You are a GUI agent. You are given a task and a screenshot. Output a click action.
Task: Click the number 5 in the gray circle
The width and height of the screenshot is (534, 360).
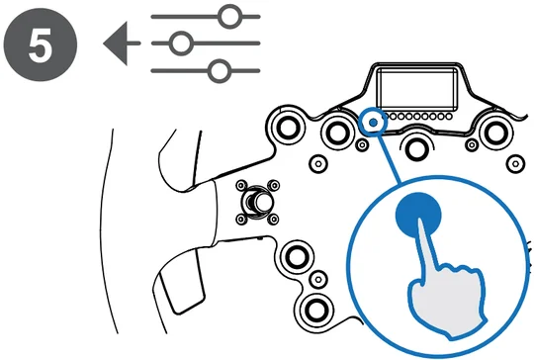[x=41, y=45]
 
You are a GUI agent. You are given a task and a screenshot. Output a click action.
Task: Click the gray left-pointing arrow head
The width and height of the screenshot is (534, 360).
[x=116, y=44]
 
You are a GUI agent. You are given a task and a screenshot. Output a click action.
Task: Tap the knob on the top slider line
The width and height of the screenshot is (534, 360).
[x=229, y=17]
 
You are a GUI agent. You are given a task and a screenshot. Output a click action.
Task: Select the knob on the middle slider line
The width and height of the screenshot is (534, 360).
[x=181, y=44]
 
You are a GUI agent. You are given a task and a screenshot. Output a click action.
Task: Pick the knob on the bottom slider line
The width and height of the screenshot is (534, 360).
[x=220, y=71]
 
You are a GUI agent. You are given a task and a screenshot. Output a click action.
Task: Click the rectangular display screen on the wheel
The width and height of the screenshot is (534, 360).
[x=417, y=88]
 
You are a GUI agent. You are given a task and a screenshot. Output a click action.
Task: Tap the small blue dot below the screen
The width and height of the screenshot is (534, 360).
[x=374, y=123]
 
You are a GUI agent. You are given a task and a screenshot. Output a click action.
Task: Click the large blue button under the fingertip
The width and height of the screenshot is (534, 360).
[x=418, y=215]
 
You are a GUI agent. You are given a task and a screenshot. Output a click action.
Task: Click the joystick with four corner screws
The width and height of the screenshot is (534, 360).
[x=257, y=203]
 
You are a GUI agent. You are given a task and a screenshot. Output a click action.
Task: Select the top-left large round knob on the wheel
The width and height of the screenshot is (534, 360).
[x=289, y=126]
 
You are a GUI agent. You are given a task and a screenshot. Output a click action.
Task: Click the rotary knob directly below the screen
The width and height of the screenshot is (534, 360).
[x=416, y=148]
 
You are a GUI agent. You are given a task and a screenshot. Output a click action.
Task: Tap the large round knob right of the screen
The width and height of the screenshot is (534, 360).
[x=494, y=133]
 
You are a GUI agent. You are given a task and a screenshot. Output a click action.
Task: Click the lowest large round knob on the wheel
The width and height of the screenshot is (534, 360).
[x=315, y=310]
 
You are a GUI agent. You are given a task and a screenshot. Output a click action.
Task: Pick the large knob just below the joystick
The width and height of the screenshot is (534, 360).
[x=296, y=256]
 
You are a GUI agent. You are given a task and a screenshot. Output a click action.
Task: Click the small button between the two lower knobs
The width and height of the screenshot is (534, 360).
[x=318, y=280]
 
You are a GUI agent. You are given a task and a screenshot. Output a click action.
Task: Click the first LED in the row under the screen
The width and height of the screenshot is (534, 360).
[x=386, y=117]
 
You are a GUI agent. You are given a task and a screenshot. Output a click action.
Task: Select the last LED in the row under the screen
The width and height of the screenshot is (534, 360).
[x=449, y=117]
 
